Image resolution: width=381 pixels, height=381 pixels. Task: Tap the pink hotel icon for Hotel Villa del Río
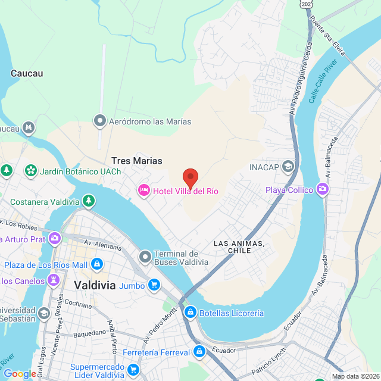(143, 190)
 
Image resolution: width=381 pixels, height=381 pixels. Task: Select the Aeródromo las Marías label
(150, 121)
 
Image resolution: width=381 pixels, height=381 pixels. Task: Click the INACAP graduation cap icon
(289, 166)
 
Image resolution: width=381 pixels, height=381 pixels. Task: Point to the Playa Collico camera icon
(323, 190)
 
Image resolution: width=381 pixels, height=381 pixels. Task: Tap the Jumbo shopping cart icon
(154, 286)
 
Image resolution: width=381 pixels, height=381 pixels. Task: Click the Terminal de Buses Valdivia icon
(145, 257)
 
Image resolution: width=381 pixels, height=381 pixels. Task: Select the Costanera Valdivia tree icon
(88, 201)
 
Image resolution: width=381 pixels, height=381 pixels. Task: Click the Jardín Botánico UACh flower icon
(30, 171)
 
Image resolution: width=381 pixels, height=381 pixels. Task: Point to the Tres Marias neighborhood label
(137, 161)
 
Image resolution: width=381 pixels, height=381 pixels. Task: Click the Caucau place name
(27, 74)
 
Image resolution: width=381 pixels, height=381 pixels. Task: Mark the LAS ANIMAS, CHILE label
(239, 247)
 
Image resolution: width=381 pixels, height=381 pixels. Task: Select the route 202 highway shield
(305, 4)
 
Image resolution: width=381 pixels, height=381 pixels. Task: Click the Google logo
(20, 374)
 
